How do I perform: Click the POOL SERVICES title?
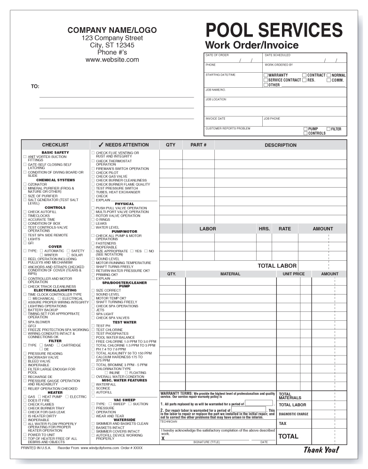click(x=274, y=30)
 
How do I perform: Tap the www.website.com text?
click(x=112, y=60)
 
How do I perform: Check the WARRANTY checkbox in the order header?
click(x=266, y=75)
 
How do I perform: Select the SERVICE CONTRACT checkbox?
click(x=266, y=80)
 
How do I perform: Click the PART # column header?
click(x=198, y=145)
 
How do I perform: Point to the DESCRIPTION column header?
click(x=280, y=145)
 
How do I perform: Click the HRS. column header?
click(x=264, y=229)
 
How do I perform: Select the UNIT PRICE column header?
click(x=294, y=274)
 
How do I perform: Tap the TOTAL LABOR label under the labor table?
click(x=277, y=266)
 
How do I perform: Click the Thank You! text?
click(x=321, y=450)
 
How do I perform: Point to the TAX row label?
click(x=282, y=424)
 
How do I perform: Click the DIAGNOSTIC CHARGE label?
click(x=293, y=414)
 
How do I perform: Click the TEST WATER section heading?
click(x=125, y=322)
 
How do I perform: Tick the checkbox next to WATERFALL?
click(x=93, y=384)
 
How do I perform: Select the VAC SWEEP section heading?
click(x=125, y=400)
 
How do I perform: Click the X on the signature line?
click(x=163, y=439)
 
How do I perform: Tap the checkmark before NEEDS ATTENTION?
click(x=101, y=145)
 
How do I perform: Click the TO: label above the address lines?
click(x=35, y=87)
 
